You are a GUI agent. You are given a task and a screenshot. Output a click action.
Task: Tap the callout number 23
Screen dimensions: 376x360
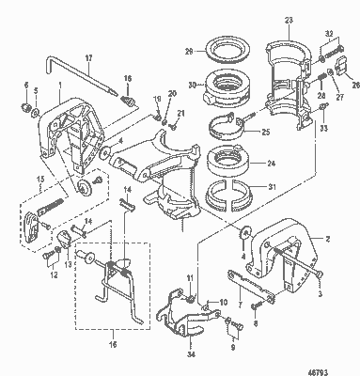click(x=289, y=20)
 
